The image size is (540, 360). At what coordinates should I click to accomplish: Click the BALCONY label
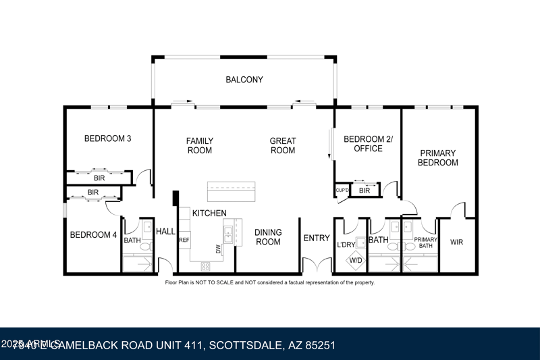[x=244, y=80]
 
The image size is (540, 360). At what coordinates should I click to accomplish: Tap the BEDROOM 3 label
[x=107, y=139]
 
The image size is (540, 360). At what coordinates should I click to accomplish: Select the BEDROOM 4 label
[x=90, y=235]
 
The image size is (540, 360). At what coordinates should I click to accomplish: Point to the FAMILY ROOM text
[x=200, y=146]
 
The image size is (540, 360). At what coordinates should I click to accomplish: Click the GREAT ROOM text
[x=283, y=146]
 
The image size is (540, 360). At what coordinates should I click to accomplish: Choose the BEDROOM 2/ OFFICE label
[x=368, y=144]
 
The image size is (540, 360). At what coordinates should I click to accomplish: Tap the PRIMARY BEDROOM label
[x=437, y=158]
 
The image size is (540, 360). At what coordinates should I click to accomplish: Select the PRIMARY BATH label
[x=426, y=243]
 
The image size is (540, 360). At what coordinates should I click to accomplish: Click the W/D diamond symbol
[x=356, y=260]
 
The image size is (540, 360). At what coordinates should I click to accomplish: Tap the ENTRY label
[x=317, y=238]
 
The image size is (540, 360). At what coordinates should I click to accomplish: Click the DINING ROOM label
[x=268, y=237]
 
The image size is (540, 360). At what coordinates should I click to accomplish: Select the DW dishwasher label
[x=218, y=249]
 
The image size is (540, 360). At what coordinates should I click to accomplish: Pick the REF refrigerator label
[x=184, y=240]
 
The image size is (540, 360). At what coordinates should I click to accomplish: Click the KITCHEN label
[x=209, y=213]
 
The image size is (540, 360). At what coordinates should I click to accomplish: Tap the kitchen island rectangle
[x=231, y=192]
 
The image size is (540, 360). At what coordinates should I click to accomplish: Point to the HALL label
[x=165, y=232]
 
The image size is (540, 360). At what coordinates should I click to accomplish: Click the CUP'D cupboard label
[x=342, y=190]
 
